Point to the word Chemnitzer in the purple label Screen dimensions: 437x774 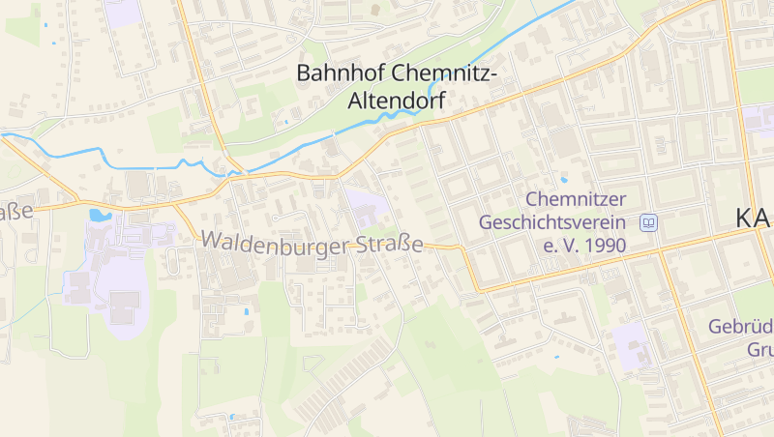577,200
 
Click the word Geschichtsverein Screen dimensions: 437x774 555,222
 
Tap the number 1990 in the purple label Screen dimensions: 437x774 599,246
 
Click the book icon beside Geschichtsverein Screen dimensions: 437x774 649,223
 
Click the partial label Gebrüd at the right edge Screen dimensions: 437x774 740,327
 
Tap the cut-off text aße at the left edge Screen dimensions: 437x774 15,212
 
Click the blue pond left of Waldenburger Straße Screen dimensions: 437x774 99,216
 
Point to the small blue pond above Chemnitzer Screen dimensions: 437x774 564,179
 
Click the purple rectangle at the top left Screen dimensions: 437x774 123,13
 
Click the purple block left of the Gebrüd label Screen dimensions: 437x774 631,344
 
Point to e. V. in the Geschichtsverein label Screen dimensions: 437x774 561,246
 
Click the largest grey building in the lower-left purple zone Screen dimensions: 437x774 123,307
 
